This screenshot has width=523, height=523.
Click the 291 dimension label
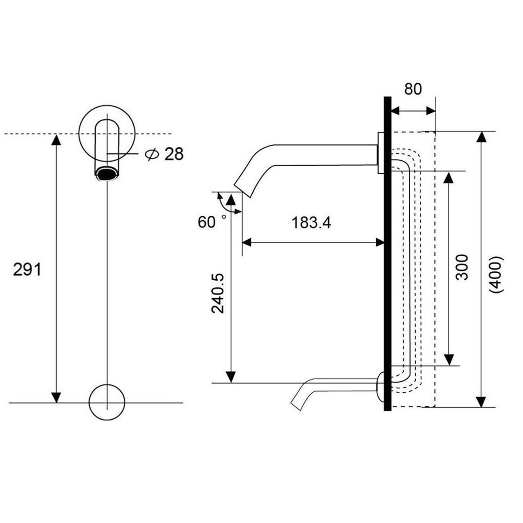pos(27,269)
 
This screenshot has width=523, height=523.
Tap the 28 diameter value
pos(174,154)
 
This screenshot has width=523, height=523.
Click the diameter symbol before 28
pos(152,154)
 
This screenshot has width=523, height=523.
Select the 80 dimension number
pos(413,89)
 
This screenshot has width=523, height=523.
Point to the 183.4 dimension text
pos(311,223)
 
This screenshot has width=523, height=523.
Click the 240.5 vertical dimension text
pos(218,293)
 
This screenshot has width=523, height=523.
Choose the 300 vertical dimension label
pos(462,267)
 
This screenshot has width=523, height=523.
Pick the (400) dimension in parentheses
pos(497,275)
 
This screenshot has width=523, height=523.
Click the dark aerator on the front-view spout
pos(107,174)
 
